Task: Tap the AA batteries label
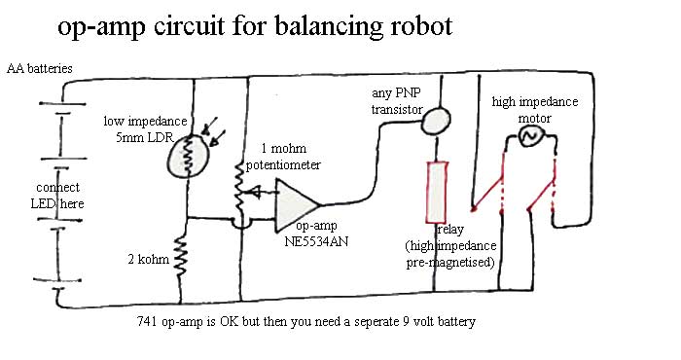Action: point(40,69)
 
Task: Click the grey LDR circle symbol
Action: point(187,157)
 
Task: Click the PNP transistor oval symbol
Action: point(436,121)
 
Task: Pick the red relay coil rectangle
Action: point(437,193)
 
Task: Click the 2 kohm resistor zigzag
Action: point(180,258)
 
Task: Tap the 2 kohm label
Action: point(149,259)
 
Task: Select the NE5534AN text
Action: point(316,241)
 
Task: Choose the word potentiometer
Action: point(283,165)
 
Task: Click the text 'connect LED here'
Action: point(57,196)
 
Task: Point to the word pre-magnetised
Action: point(450,263)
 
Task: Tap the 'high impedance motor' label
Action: point(535,110)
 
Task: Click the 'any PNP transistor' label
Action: point(397,101)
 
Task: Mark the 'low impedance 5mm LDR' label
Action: point(145,129)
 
